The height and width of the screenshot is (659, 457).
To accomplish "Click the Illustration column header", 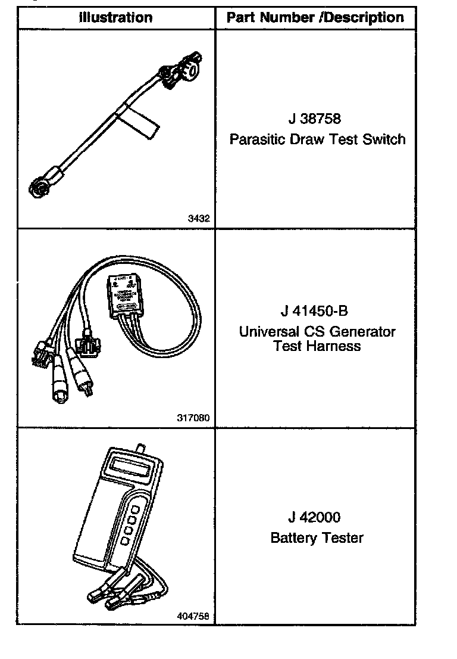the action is (115, 18).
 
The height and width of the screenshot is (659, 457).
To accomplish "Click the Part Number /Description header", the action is (315, 18).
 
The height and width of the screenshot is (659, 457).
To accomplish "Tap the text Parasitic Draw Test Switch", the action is (317, 139).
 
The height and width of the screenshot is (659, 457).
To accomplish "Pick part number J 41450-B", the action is (315, 311).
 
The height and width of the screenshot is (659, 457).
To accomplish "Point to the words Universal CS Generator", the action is (317, 331).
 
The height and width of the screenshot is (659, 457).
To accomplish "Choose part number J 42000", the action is (315, 517).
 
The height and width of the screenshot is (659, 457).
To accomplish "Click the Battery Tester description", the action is (317, 538).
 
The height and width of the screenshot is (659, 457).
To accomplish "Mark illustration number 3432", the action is (199, 219).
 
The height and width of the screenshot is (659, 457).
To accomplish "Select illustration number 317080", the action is (193, 418).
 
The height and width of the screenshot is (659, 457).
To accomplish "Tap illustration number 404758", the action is (193, 616).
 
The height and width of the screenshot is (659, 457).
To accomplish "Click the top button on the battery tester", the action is (135, 510).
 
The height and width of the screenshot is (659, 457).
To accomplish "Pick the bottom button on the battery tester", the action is (125, 540).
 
